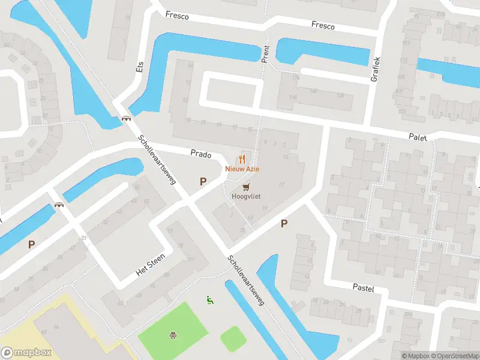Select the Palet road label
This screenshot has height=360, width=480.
click(x=418, y=137)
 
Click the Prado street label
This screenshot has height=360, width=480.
click(x=201, y=154)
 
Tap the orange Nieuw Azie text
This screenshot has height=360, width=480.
click(x=242, y=169)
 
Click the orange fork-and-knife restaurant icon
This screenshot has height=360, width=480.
click(x=242, y=159)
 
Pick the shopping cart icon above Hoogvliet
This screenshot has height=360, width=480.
click(x=246, y=187)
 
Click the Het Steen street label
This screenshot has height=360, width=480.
click(x=150, y=263)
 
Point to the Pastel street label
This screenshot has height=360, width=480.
click(x=363, y=289)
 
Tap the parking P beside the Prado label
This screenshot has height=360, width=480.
click(x=203, y=181)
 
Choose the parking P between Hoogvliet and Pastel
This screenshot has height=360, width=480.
click(x=284, y=224)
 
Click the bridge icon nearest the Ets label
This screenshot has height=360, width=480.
click(x=127, y=118)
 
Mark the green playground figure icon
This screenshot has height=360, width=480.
click(x=209, y=299)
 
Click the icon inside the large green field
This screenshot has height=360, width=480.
click(x=173, y=335)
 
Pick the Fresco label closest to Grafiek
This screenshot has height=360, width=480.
click(x=323, y=25)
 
